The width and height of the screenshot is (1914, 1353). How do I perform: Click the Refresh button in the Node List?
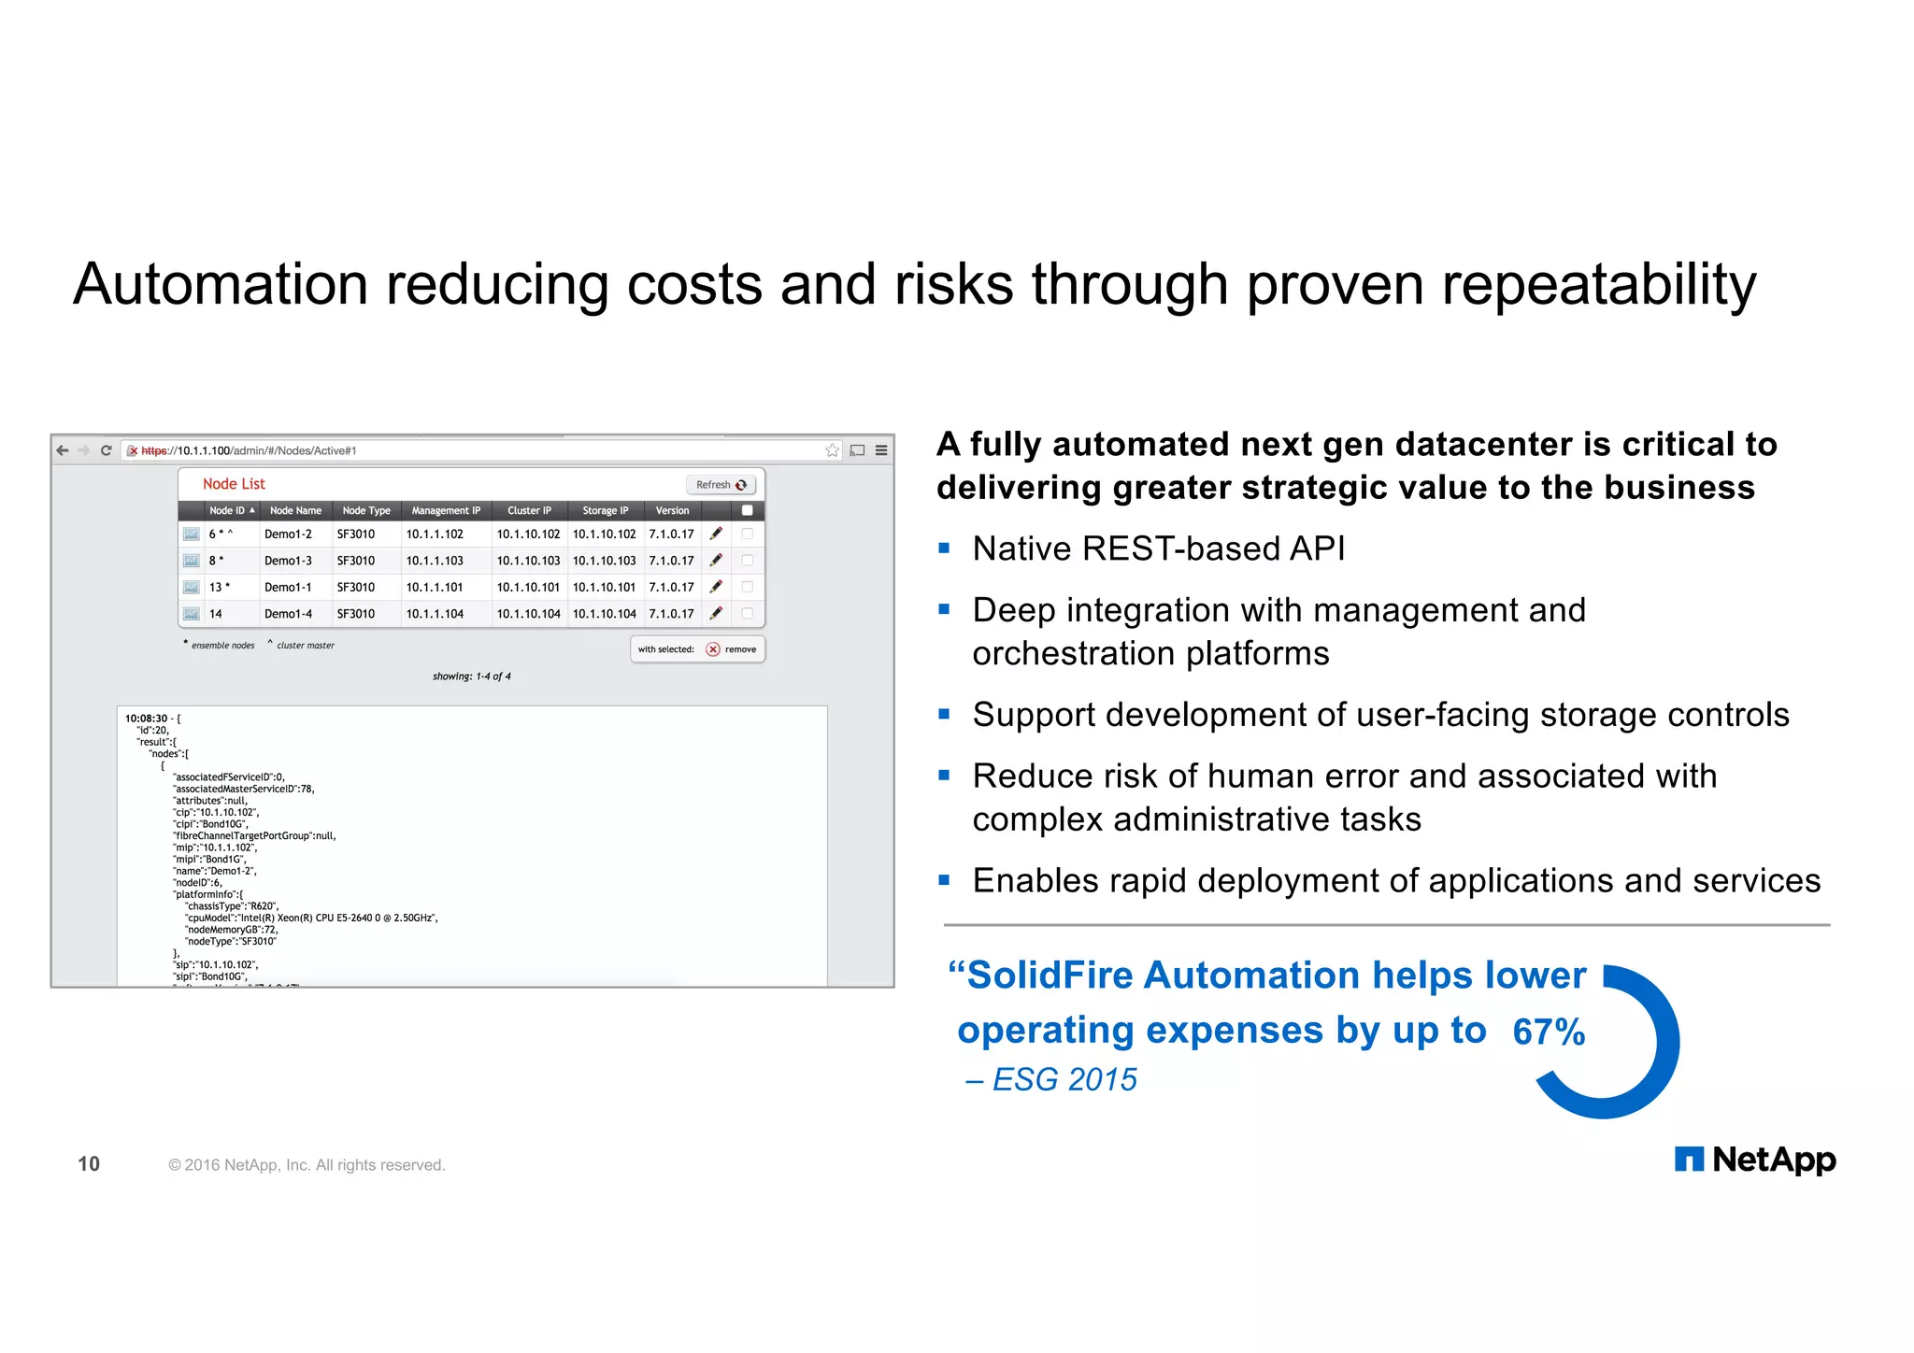[x=721, y=485]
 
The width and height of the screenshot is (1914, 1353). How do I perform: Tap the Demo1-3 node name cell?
[x=288, y=561]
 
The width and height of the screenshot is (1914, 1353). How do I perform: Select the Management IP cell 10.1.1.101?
[x=435, y=587]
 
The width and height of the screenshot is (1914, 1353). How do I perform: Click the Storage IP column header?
[x=605, y=510]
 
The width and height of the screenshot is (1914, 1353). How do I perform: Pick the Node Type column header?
[x=366, y=510]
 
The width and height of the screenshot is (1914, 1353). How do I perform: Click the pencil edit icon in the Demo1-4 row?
[x=716, y=613]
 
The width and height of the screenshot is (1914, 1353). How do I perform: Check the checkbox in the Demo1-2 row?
[x=747, y=534]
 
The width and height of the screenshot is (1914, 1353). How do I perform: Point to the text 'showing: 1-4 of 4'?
[x=471, y=676]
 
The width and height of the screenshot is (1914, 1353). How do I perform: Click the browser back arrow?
[x=63, y=450]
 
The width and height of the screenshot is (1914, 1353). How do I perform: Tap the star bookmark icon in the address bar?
[x=832, y=450]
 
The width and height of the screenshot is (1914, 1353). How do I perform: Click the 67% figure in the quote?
[x=1549, y=1032]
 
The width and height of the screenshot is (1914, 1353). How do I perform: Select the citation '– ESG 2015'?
[x=1051, y=1079]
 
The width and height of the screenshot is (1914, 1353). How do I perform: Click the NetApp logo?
[x=1754, y=1160]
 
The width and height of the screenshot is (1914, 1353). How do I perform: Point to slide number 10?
[x=89, y=1163]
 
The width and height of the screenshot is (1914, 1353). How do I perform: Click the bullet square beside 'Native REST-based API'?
[x=944, y=548]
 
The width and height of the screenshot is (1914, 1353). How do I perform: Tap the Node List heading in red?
[x=234, y=484]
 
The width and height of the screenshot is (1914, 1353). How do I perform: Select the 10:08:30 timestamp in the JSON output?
[x=146, y=719]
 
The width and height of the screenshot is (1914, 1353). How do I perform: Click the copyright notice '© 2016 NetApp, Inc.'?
[x=306, y=1165]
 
